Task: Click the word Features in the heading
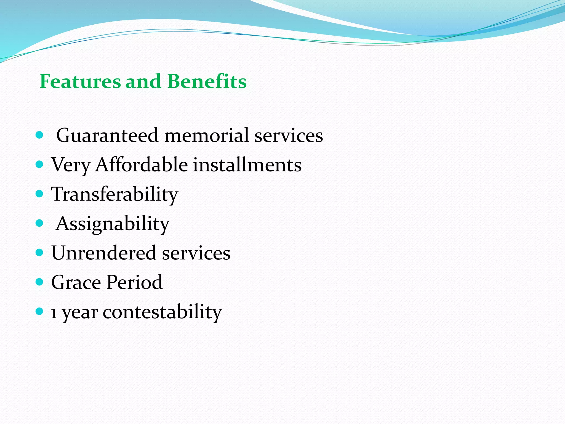click(x=80, y=81)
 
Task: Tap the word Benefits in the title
click(x=207, y=81)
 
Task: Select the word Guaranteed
click(x=107, y=136)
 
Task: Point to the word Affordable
click(x=142, y=165)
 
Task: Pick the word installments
click(x=247, y=165)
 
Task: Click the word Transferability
click(x=115, y=194)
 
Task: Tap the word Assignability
click(x=113, y=224)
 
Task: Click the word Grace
click(x=76, y=282)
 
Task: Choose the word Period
click(x=135, y=282)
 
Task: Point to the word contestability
click(x=162, y=312)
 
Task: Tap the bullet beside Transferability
click(x=40, y=194)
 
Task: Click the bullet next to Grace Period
click(x=40, y=282)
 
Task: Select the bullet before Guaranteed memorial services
click(x=40, y=135)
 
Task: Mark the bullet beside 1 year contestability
click(x=40, y=311)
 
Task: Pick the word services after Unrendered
click(x=196, y=253)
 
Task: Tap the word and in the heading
click(x=143, y=81)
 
